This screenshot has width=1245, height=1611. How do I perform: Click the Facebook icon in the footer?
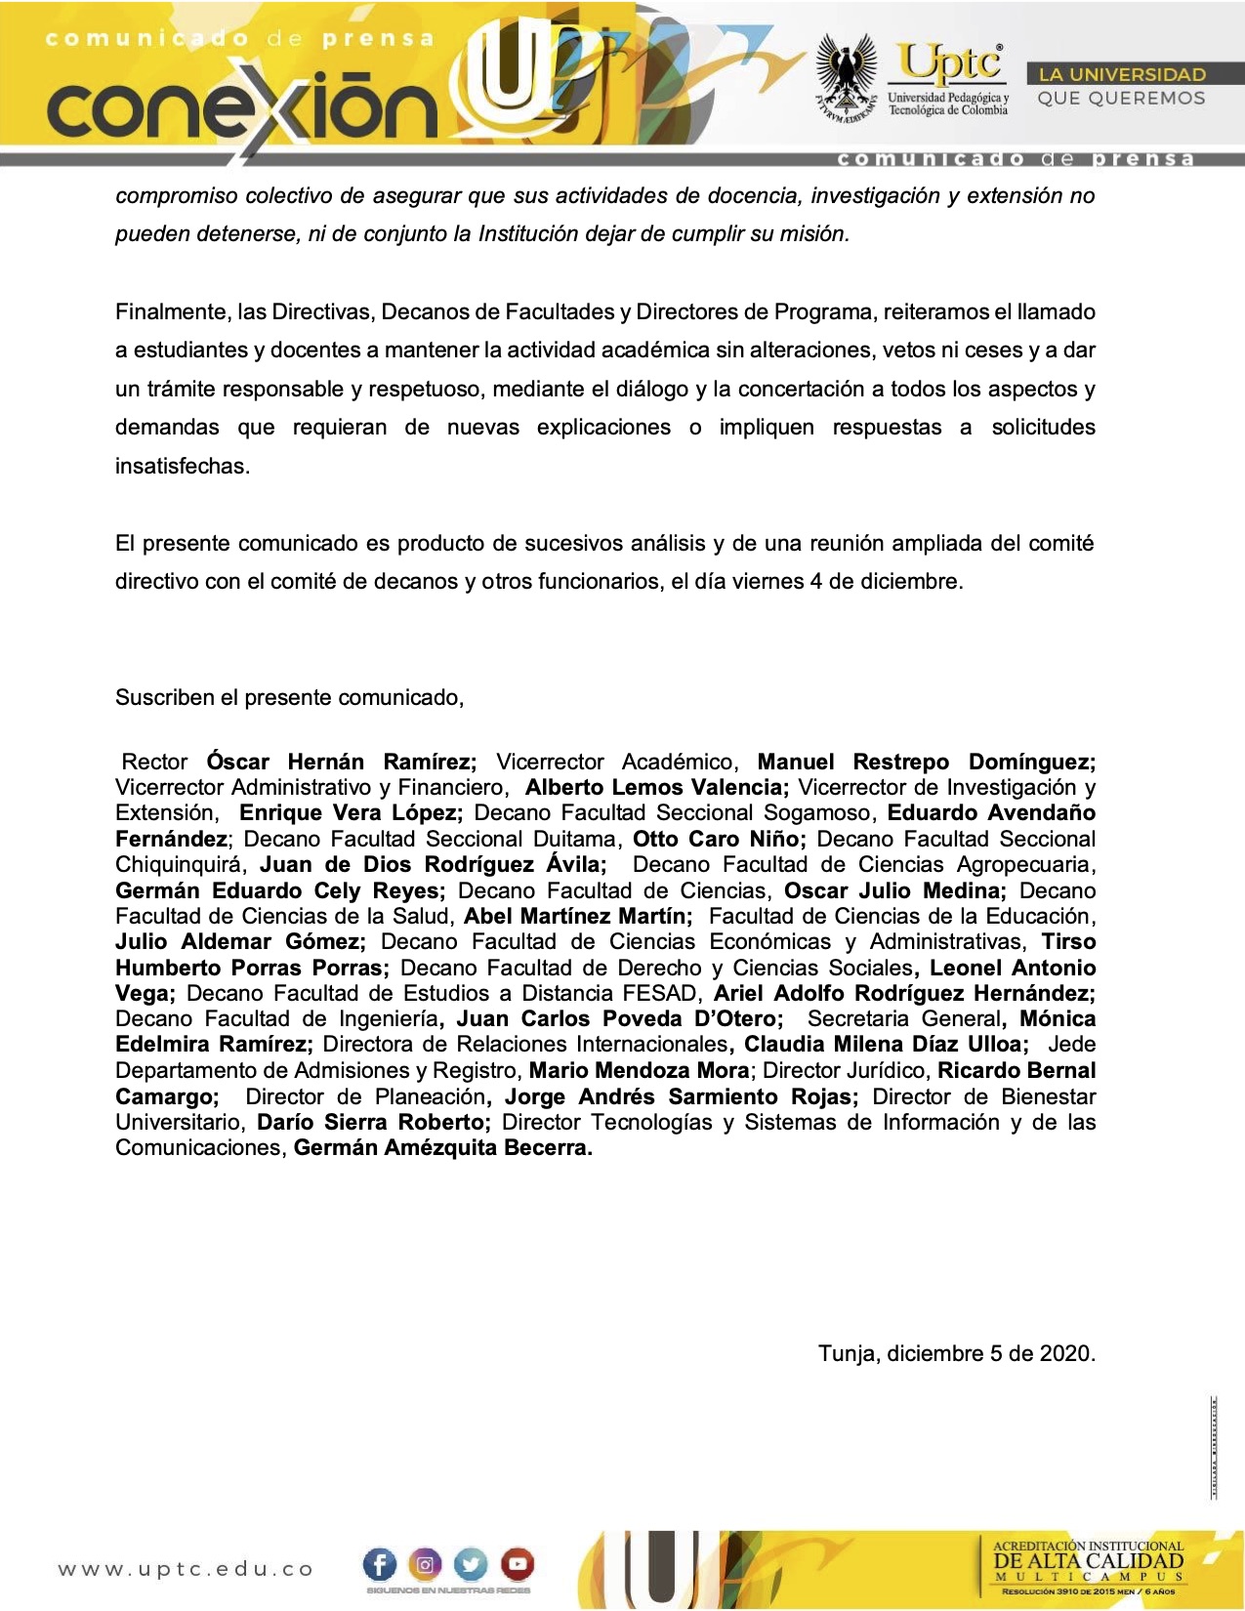pos(380,1564)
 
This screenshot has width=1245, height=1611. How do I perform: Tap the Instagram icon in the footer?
pos(425,1564)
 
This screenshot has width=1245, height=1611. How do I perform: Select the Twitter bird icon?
pos(471,1564)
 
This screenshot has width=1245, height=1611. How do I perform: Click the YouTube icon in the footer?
pos(517,1564)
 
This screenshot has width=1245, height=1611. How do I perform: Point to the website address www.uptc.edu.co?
pos(186,1569)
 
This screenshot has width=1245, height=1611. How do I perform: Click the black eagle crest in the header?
pos(846,76)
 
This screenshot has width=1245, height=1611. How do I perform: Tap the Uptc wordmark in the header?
pos(950,63)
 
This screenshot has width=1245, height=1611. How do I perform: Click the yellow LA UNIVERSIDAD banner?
pos(1122,74)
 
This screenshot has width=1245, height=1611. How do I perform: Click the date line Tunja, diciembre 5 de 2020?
pos(956,1353)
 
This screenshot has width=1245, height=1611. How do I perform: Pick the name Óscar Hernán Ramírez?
pos(341,762)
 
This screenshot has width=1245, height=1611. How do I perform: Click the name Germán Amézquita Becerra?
pos(442,1147)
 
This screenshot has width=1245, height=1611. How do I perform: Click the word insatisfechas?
pos(183,466)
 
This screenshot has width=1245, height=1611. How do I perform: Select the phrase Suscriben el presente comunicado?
pos(289,697)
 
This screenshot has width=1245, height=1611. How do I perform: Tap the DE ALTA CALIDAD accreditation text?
pos(1088,1560)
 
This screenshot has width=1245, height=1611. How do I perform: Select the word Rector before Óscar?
pos(154,762)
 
